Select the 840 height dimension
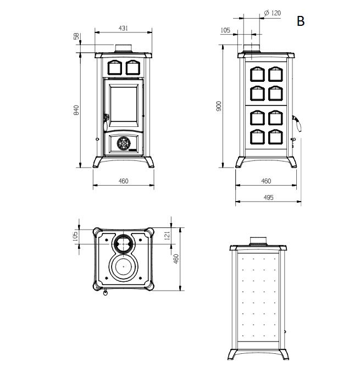[x=76, y=110]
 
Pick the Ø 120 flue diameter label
[x=272, y=12]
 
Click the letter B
[x=300, y=21]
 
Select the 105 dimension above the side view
[x=225, y=31]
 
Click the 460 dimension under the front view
[x=123, y=181]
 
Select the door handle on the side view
[x=298, y=123]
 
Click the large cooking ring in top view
[x=123, y=267]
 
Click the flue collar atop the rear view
[x=258, y=240]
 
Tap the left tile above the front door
[x=114, y=67]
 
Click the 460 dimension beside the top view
[x=177, y=258]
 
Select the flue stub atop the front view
[x=123, y=47]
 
